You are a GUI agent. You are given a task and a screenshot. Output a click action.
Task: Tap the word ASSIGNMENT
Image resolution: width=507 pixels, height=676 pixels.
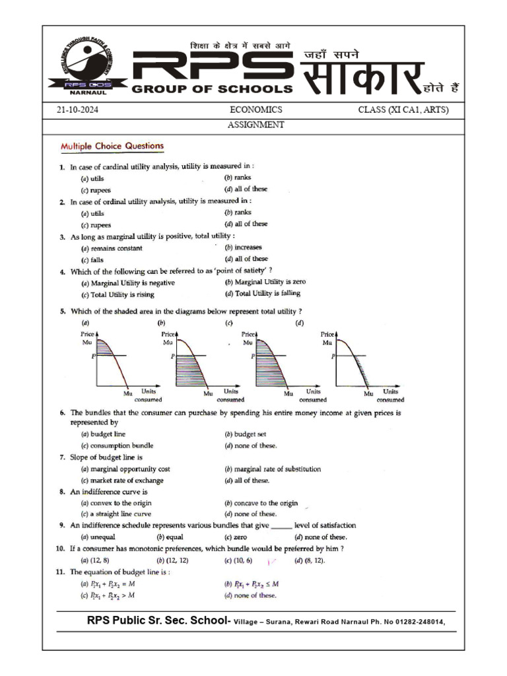pos(255,124)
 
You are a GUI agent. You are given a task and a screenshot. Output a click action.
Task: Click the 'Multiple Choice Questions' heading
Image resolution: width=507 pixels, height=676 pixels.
pos(112,146)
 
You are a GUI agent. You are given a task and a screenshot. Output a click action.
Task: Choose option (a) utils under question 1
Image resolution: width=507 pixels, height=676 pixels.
pos(92,179)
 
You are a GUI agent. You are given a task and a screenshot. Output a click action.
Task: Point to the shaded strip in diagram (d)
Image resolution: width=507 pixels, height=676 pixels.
pos(359,370)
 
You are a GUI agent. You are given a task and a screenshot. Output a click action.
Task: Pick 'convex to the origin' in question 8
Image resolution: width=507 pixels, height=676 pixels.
pos(114,503)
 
